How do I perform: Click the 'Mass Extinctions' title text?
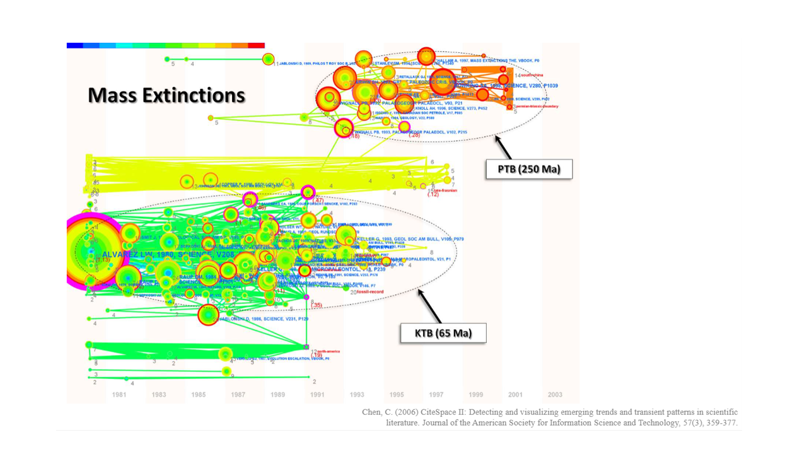click(166, 95)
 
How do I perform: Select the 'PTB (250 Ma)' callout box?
click(529, 169)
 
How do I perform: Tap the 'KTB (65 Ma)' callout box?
click(443, 333)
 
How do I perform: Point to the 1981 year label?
click(119, 395)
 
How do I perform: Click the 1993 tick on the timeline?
click(357, 395)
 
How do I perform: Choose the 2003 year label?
click(555, 395)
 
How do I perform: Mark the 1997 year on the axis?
click(436, 395)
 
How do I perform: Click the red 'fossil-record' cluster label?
click(370, 291)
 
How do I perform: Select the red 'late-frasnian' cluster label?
click(445, 190)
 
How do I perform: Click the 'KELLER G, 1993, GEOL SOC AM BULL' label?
click(410, 240)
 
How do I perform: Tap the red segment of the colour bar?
click(256, 45)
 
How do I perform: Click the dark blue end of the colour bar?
click(74, 45)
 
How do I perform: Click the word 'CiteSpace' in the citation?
click(429, 412)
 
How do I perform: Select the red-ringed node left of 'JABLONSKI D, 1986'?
click(208, 314)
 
